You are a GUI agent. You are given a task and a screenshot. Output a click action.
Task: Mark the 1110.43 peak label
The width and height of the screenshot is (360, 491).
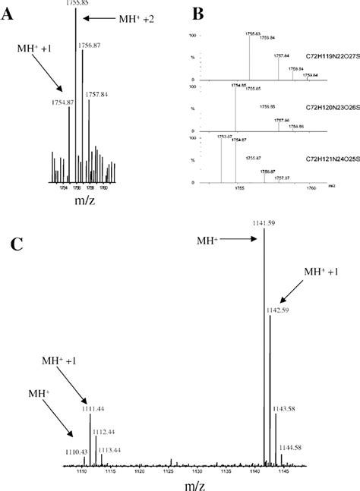tap(76, 452)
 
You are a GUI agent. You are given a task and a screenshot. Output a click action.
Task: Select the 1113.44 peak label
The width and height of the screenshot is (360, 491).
tap(109, 449)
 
